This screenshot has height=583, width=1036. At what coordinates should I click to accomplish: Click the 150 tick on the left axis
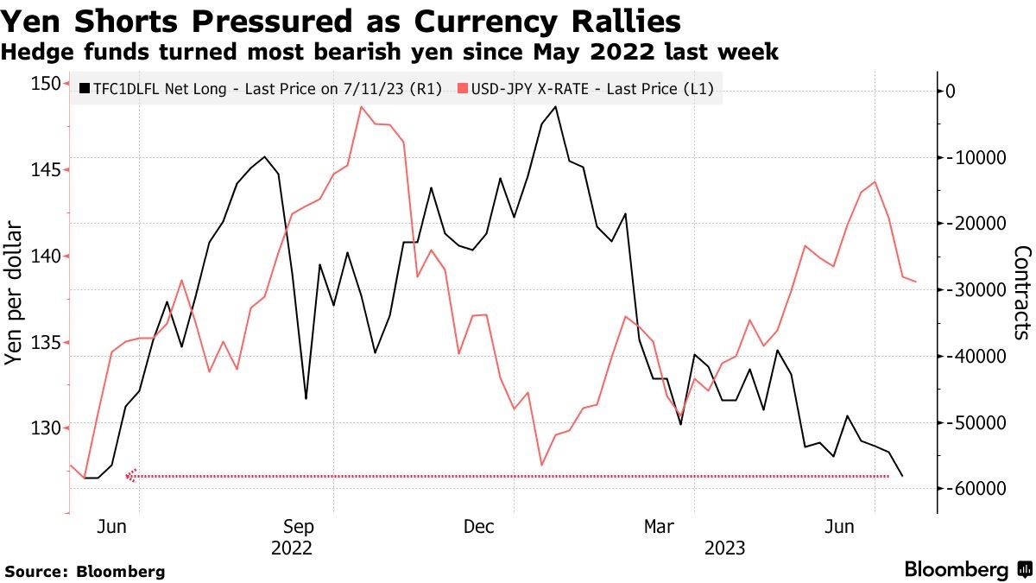pos(48,83)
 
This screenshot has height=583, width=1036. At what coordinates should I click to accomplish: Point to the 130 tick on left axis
pos(48,428)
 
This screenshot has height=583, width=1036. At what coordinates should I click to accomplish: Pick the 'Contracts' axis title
pos(1022,292)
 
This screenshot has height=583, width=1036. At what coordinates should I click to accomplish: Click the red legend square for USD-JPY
pos(463,88)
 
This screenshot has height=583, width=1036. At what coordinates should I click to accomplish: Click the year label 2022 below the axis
pos(292,548)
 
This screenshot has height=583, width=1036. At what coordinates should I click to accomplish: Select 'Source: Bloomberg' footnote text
pos(85,571)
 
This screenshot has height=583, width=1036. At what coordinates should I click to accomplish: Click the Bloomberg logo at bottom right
pos(967,569)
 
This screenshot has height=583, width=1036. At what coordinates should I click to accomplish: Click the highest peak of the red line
pos(360,107)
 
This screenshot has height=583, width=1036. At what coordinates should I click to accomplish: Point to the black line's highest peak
pos(555,107)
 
